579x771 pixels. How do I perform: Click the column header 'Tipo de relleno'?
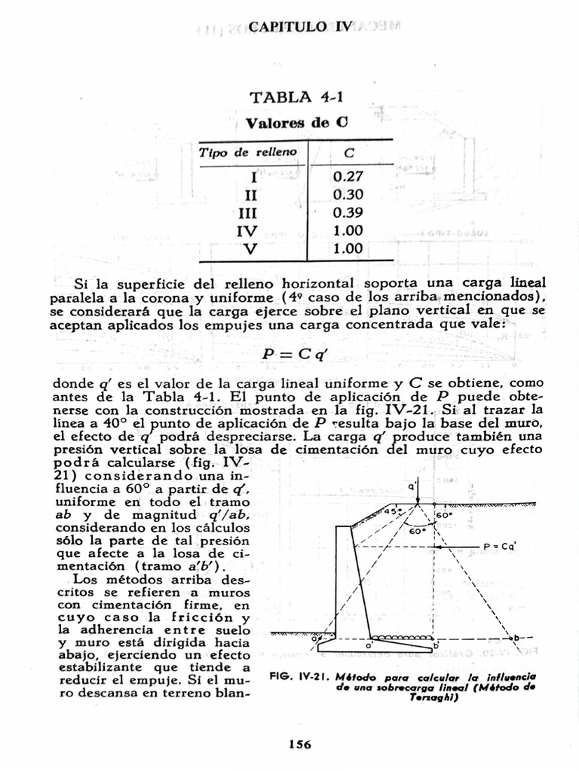coord(248,153)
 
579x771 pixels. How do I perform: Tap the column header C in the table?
coord(349,153)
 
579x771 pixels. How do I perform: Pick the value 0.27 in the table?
coord(348,178)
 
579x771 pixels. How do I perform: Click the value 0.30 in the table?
coord(348,195)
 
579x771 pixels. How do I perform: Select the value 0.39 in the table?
coord(348,213)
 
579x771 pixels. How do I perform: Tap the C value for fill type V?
coord(348,248)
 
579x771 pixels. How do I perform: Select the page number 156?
coord(299,744)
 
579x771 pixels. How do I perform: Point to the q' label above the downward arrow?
coord(414,486)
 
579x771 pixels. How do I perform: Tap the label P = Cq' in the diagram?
coord(500,547)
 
